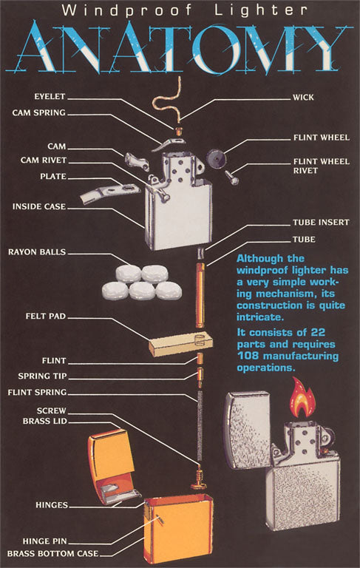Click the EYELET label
coord(50,96)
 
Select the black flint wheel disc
coord(216,158)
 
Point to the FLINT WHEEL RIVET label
coord(322,166)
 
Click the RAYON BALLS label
coord(37,251)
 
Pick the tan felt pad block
coord(180,343)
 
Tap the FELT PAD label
coord(46,317)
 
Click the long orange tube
coord(200,295)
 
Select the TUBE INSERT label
coord(321,223)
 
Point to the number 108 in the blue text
coord(248,356)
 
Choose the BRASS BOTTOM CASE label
coord(53,553)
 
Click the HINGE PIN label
coord(45,541)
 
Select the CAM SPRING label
coord(38,112)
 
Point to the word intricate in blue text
coord(259,317)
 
